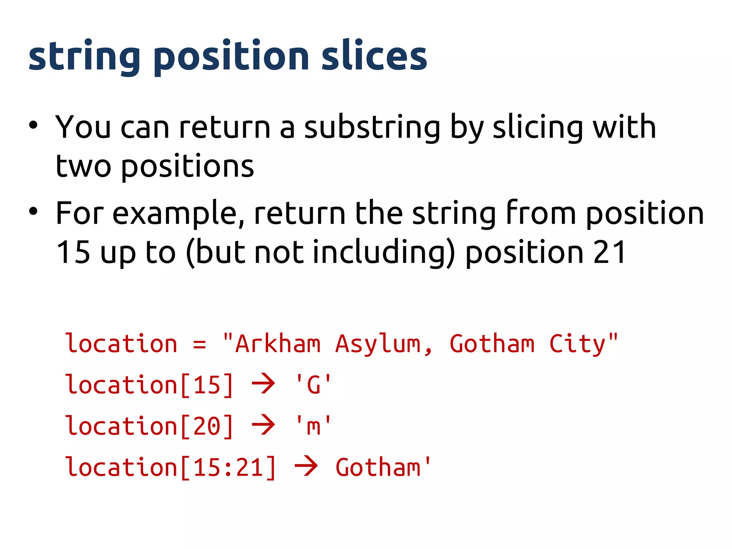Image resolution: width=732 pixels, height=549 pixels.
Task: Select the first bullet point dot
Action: pos(33,125)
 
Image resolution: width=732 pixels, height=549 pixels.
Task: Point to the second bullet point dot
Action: pos(33,211)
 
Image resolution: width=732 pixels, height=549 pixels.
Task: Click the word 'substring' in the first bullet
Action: pos(372,128)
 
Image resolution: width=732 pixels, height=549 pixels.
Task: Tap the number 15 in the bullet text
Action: pos(73,252)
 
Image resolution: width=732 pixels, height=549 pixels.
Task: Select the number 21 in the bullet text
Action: pos(609,252)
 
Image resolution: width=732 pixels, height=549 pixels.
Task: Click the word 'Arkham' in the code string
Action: pos(278,344)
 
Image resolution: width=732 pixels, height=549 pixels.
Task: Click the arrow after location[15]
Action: pos(263,384)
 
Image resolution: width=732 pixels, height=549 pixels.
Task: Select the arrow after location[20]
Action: pos(263,425)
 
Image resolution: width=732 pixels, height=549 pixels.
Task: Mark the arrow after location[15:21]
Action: pos(306,466)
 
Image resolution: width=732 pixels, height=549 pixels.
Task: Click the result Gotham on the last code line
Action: pos(378,468)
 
